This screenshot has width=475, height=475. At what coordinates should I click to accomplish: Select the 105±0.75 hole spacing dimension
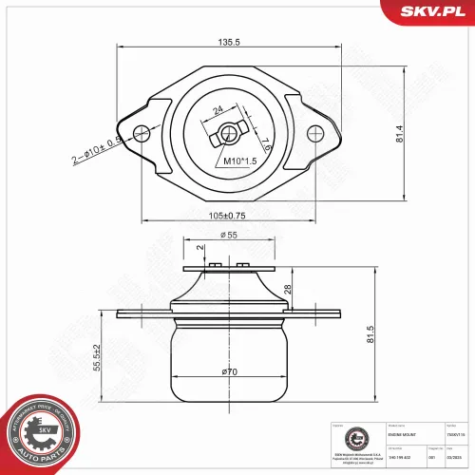pos(229,216)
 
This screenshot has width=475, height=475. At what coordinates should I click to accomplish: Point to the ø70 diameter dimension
pos(229,371)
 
